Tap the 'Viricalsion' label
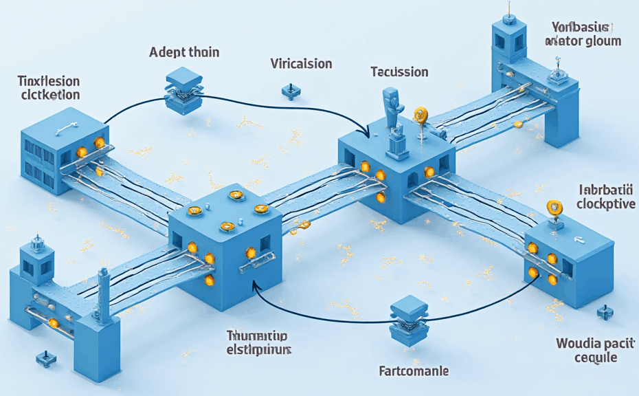301,64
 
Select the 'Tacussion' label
399,71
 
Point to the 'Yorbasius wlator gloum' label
583,34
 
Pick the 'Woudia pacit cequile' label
586,351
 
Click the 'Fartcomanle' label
414,371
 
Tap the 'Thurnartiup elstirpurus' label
258,342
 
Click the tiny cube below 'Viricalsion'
289,91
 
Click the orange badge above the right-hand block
554,207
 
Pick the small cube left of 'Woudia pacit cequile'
604,313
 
